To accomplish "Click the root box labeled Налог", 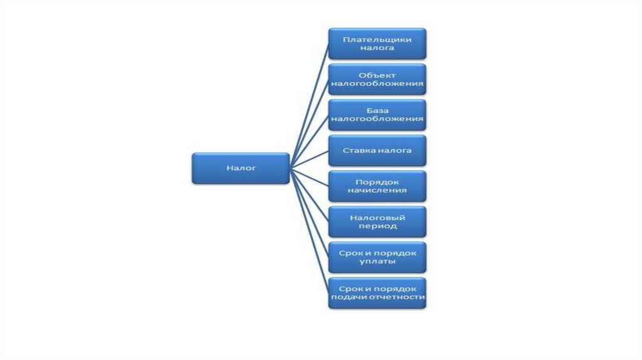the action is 241,168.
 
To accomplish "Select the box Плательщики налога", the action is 377,43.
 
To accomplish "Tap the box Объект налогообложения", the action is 377,79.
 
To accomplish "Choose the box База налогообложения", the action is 377,115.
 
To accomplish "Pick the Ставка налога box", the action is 377,151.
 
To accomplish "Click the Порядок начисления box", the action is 377,186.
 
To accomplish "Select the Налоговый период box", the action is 377,221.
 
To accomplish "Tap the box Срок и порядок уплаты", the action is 377,257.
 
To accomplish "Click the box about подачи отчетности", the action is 377,293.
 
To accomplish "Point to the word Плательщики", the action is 377,39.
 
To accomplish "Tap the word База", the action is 377,110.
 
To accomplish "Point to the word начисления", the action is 377,191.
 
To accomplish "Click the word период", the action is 377,226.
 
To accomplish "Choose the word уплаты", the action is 377,262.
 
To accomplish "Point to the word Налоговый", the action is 377,217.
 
